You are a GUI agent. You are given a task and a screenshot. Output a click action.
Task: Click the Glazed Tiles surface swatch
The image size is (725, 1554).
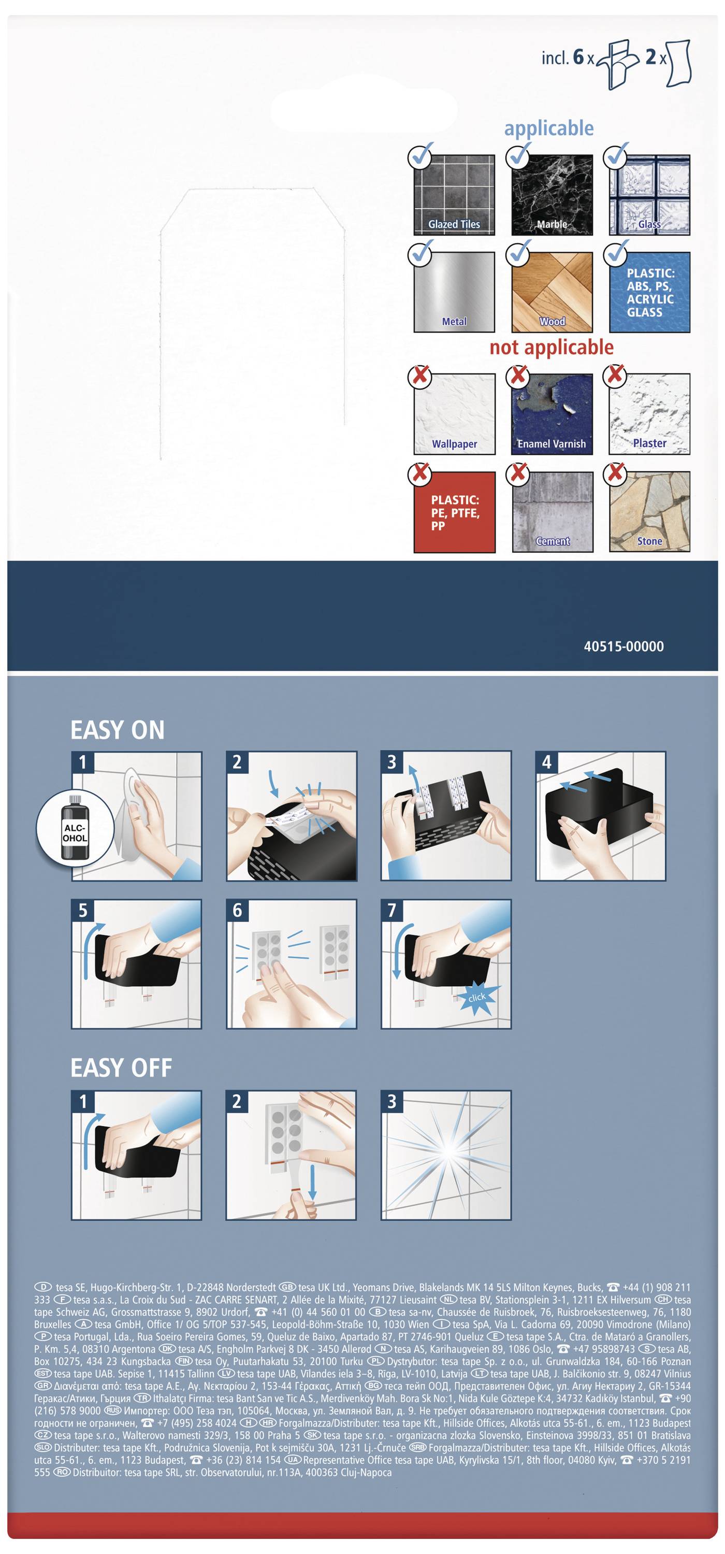coord(454,195)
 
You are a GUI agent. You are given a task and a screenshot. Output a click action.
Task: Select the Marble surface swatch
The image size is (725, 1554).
coord(552,195)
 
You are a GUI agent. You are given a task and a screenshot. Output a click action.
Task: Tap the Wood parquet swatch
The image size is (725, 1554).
coord(552,293)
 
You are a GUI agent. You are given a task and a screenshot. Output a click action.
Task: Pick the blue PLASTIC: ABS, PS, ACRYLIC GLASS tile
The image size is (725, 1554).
coord(649,293)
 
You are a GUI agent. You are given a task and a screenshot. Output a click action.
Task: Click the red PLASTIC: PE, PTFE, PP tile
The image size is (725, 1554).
coord(454,512)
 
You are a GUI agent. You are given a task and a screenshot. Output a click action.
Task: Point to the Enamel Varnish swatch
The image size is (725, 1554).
coord(552,414)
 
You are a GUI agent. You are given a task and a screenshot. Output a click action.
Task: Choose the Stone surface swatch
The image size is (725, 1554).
coord(649,512)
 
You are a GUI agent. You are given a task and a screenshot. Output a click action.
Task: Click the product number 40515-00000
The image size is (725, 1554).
coord(624,646)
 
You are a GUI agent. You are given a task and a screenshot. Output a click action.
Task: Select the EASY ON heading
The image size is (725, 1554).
coord(118,730)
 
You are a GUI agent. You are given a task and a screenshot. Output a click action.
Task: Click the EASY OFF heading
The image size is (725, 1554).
coord(121,1068)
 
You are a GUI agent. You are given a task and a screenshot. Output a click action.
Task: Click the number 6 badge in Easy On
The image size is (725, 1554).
coord(237,910)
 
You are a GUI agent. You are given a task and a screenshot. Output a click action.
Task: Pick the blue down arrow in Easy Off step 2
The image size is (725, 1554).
coord(312,1183)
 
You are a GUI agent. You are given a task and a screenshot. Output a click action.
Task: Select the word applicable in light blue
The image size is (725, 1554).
coord(549,128)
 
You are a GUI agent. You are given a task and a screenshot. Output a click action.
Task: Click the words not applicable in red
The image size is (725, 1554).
coord(552,347)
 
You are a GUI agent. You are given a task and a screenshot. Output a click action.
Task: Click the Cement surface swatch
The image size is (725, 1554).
coord(552,512)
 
